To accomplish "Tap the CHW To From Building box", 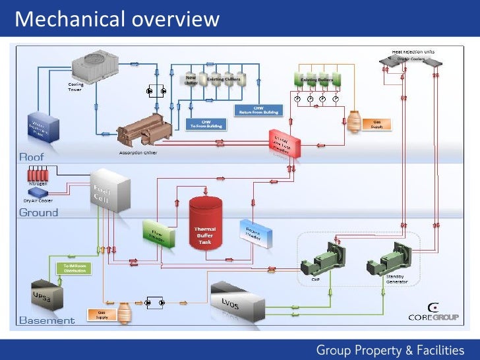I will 206,124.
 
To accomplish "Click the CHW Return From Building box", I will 258,110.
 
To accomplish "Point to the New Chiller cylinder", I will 190,81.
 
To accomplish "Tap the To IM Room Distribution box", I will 75,268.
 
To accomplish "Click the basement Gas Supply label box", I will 102,315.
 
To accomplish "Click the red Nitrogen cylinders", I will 40,175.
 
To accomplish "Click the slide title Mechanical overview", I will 117,19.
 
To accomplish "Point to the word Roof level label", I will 32,157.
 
